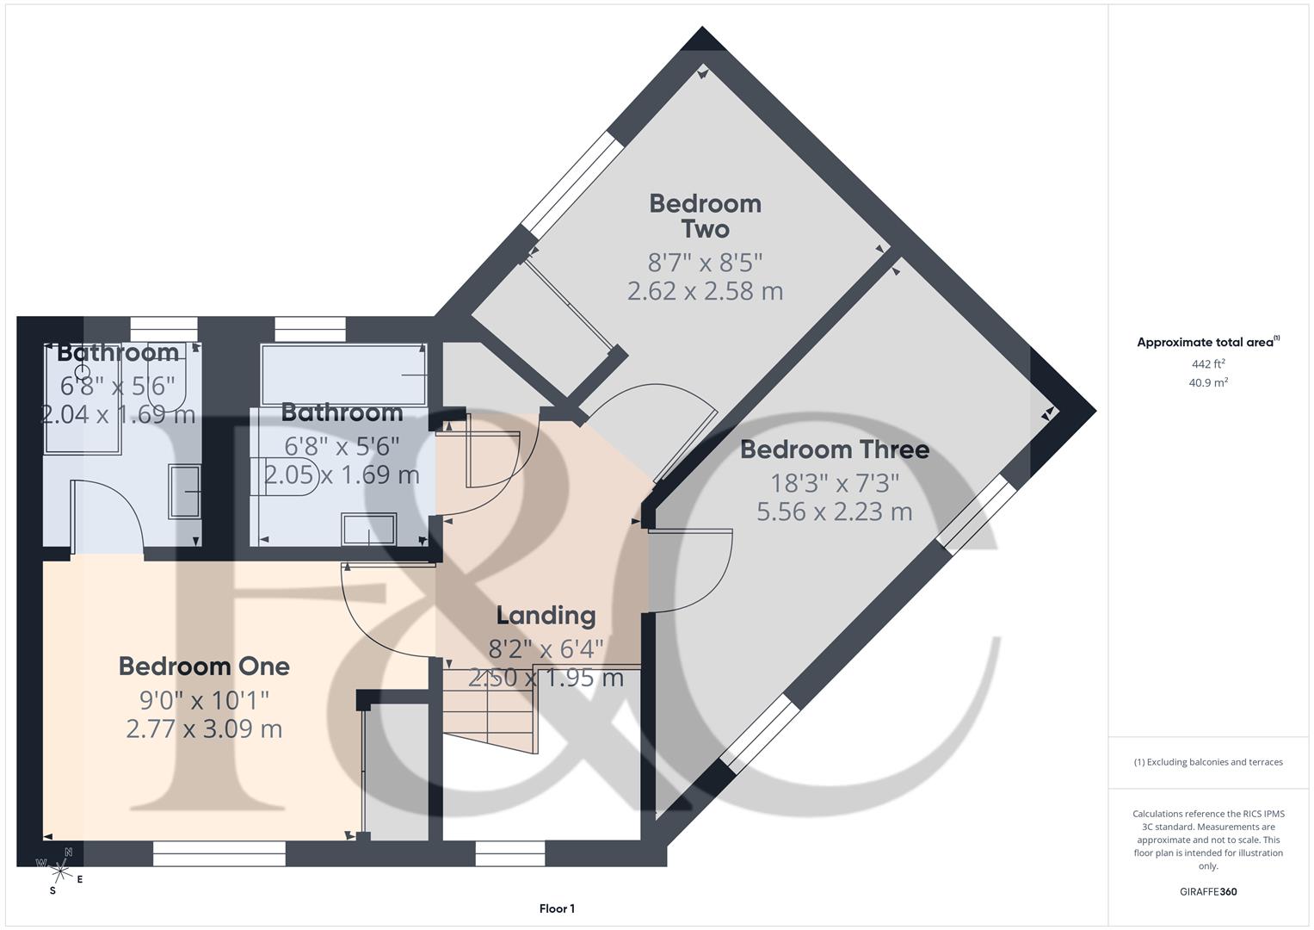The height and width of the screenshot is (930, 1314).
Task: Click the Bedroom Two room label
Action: [x=705, y=216]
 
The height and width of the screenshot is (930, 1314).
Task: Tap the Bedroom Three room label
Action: [x=834, y=449]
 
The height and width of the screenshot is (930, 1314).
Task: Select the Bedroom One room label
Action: [x=204, y=666]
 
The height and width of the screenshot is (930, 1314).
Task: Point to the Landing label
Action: [x=546, y=615]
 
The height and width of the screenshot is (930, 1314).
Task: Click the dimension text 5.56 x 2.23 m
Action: [x=834, y=512]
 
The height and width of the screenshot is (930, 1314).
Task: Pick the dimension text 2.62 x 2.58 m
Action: [x=705, y=291]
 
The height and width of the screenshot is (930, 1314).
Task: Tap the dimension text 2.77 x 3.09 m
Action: [x=204, y=728]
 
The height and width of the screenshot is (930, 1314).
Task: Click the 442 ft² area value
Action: [x=1207, y=364]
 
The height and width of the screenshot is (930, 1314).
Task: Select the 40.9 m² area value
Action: [x=1207, y=383]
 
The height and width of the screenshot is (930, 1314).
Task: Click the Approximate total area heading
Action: [x=1207, y=343]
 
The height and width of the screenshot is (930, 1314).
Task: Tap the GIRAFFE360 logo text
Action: [x=1207, y=891]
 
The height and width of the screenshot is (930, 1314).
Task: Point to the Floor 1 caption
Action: [x=557, y=908]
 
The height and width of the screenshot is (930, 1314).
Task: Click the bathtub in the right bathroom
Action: [x=343, y=375]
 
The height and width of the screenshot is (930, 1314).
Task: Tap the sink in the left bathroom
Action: [x=185, y=492]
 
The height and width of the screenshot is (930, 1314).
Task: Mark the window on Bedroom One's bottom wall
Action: [x=219, y=853]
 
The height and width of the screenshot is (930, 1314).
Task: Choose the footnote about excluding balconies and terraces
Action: [x=1207, y=762]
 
